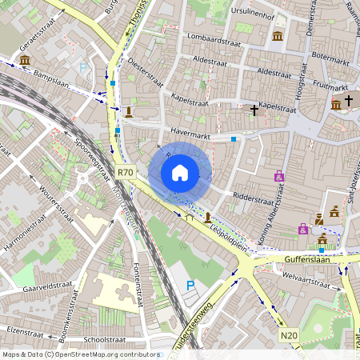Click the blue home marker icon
coord(180,172)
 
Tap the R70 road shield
coord(125,172)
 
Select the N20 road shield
coord(290,334)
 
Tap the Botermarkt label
coord(330,58)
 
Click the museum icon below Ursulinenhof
coord(277,37)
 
